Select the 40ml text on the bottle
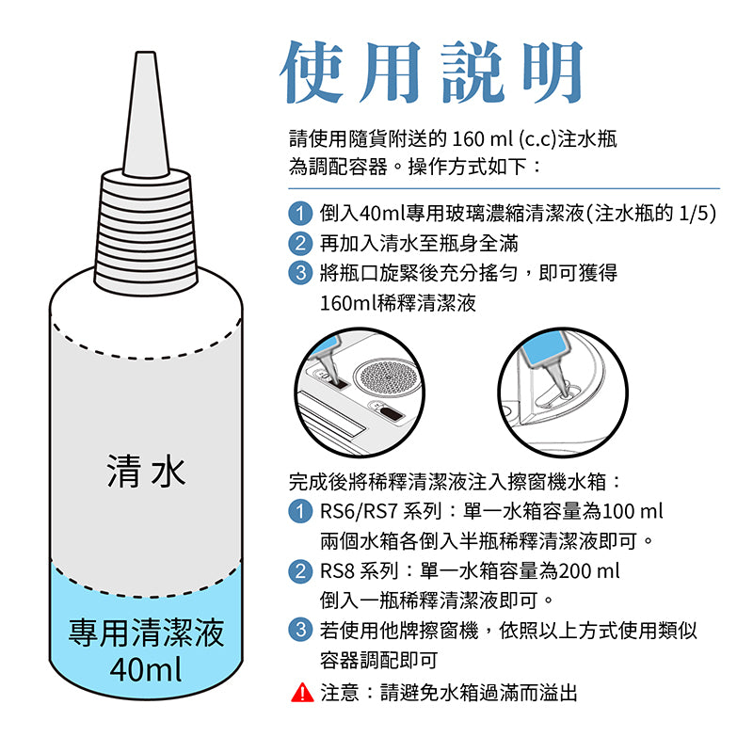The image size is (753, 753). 146,669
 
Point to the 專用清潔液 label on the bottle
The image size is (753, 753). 146,633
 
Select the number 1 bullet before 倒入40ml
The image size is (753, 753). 299,213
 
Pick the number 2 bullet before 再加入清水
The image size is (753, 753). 299,243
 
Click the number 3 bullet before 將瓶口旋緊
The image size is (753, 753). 299,273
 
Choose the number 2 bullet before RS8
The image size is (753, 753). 299,571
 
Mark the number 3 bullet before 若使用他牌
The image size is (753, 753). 299,631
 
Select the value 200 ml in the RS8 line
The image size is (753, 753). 589,571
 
